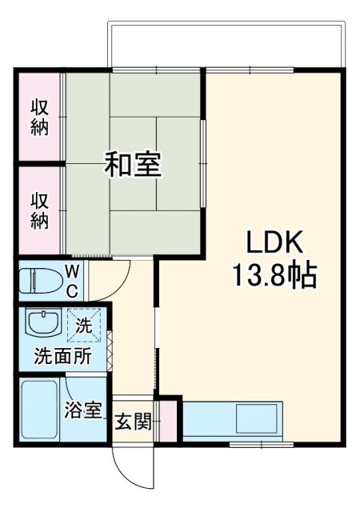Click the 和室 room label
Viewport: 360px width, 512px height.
(x=134, y=164)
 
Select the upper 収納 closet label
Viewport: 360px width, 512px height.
(x=39, y=116)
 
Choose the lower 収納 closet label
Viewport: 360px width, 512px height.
(x=39, y=210)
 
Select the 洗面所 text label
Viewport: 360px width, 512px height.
(x=62, y=357)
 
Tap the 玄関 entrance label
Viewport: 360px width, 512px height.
(x=132, y=422)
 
